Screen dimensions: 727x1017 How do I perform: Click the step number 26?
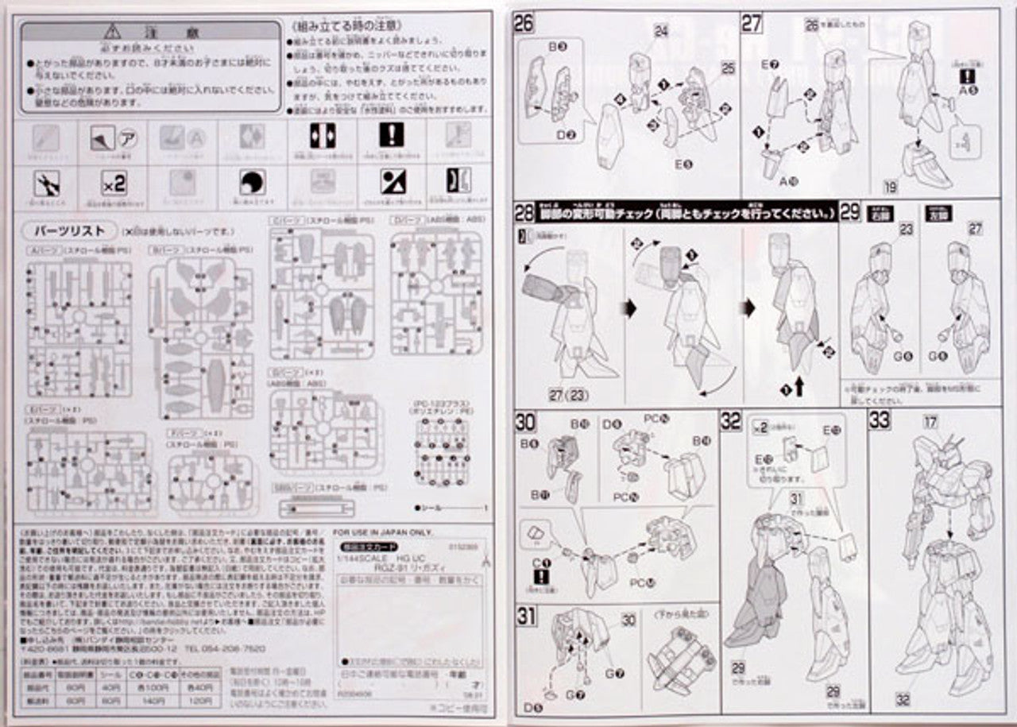coord(524,23)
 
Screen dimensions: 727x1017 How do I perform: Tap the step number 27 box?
coord(752,23)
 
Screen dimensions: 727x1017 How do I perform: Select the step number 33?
coord(879,420)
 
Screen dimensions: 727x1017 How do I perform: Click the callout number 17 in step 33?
coord(930,422)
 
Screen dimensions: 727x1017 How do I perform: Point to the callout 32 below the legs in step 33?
coord(903,699)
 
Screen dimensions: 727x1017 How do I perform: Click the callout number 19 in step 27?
coord(889,188)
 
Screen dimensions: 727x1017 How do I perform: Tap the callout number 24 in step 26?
coord(661,31)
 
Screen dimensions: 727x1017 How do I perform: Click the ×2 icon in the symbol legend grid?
coord(114,185)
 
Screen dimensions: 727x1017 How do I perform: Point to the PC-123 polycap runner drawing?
coord(442,453)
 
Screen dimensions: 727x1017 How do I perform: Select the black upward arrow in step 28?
coord(799,387)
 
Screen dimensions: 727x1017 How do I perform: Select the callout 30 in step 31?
coord(628,621)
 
